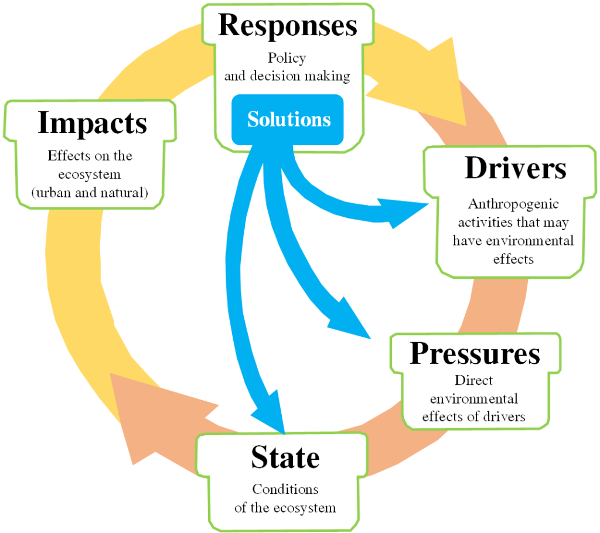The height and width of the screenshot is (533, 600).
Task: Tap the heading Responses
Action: (x=288, y=26)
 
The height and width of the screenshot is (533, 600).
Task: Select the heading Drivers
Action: (x=515, y=169)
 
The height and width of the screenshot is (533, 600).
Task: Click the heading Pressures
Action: (x=475, y=354)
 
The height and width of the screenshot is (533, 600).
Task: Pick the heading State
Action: (x=285, y=457)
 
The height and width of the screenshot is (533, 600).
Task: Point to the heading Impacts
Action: (x=92, y=124)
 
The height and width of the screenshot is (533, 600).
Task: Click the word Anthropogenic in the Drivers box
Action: (x=513, y=204)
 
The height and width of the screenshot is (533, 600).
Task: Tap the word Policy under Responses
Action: (x=287, y=59)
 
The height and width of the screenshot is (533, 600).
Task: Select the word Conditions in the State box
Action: (x=285, y=489)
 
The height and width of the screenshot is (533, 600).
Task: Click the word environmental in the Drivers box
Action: (x=540, y=241)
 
